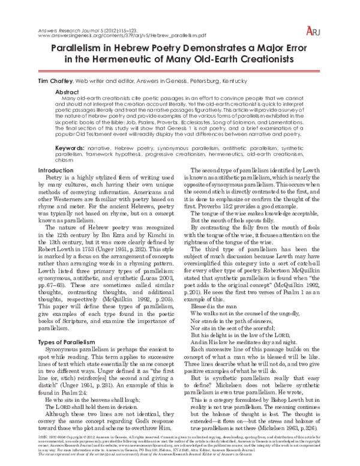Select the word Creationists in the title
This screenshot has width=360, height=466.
point(281,60)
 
